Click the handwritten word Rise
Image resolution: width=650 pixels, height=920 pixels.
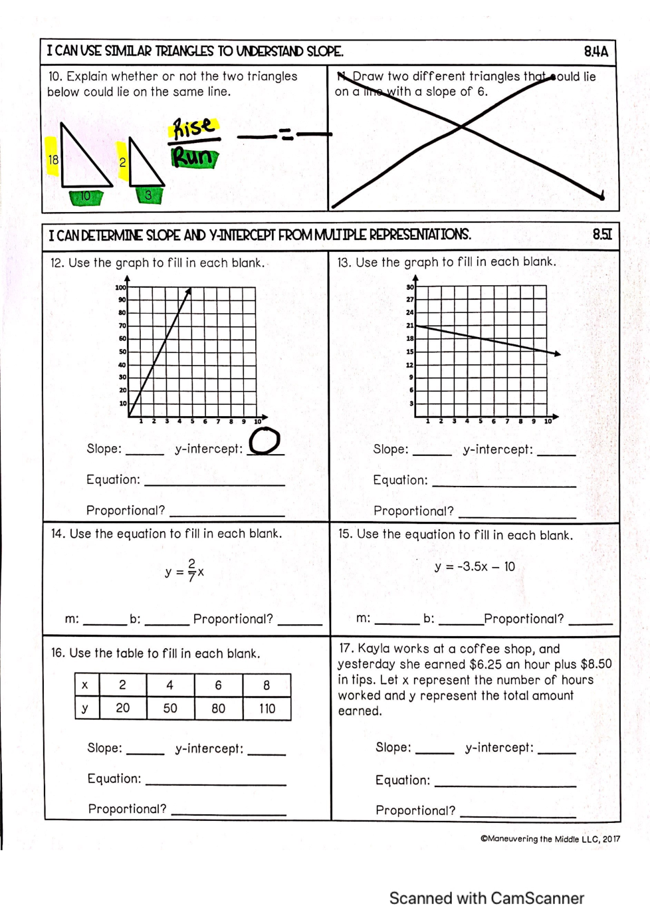pos(193,127)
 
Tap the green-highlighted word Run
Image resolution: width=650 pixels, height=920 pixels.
pos(194,158)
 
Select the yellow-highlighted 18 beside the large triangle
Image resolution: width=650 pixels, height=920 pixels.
pos(53,160)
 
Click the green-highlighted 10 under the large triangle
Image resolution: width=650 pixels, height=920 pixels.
pos(86,196)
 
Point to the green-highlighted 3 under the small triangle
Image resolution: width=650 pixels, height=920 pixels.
pos(148,195)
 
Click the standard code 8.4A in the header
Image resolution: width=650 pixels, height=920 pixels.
pos(596,51)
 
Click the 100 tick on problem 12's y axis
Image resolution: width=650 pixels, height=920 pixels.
pos(121,287)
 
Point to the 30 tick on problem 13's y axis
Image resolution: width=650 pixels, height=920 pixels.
pos(409,287)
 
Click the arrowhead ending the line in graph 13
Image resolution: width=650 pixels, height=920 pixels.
pos(557,354)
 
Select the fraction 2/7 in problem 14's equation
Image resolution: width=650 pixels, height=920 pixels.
pos(191,570)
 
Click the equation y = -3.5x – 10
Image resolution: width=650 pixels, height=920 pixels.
pos(475,566)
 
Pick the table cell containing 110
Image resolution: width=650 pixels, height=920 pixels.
pos(267,708)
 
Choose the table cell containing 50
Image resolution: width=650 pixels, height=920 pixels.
pos(170,708)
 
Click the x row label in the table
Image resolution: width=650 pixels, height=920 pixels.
pos(85,685)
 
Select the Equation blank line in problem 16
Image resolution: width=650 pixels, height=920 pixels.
pos(215,784)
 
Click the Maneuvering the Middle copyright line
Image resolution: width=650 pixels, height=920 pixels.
pos(550,839)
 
